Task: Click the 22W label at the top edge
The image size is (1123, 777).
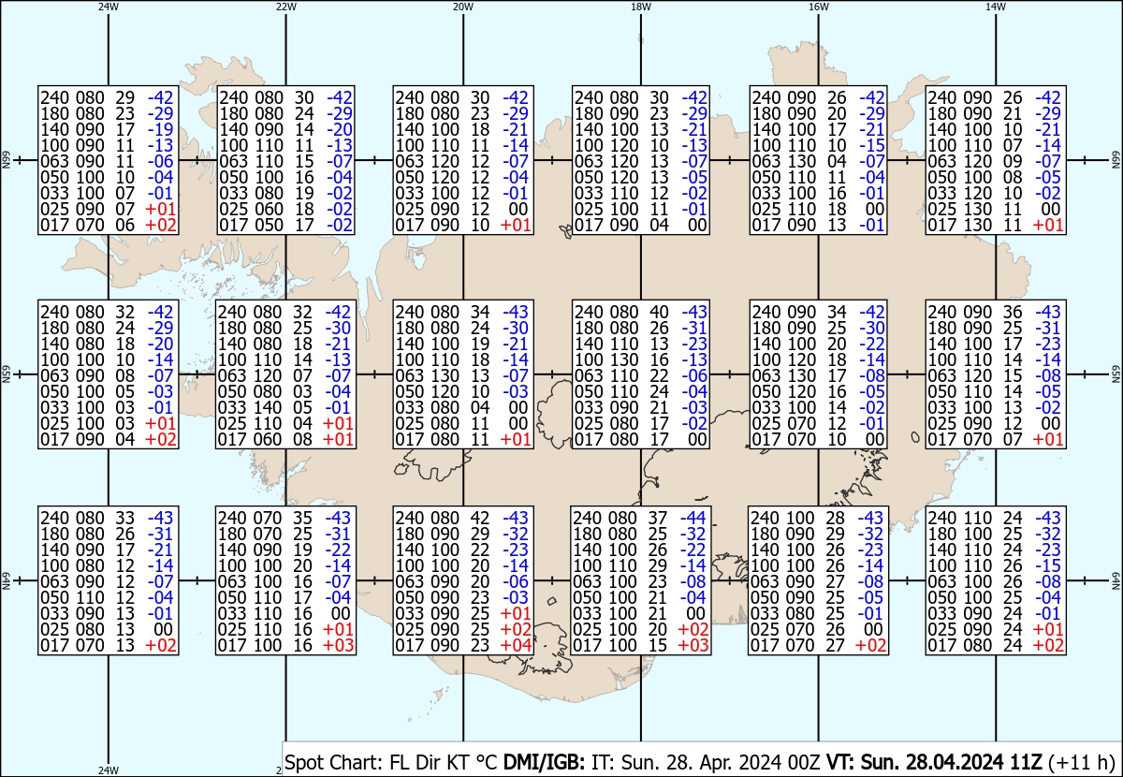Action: pyautogui.click(x=285, y=7)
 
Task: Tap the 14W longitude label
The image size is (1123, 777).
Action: pyautogui.click(x=996, y=7)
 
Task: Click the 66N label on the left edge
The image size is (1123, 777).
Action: pyautogui.click(x=6, y=160)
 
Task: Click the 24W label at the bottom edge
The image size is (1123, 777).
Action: pyautogui.click(x=109, y=770)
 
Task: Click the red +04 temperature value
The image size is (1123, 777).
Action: pyautogui.click(x=516, y=646)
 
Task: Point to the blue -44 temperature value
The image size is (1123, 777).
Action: pyautogui.click(x=693, y=518)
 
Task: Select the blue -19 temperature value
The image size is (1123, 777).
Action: pyautogui.click(x=160, y=129)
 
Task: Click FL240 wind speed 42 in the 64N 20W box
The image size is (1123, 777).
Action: pyautogui.click(x=480, y=518)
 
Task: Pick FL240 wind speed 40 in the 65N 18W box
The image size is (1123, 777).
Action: pyautogui.click(x=659, y=312)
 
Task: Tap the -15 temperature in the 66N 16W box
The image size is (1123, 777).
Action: pyautogui.click(x=872, y=145)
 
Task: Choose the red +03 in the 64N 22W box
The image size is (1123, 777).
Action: pyautogui.click(x=338, y=646)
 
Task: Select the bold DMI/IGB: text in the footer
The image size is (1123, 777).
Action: pyautogui.click(x=544, y=762)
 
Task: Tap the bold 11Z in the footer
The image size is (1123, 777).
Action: pyautogui.click(x=1026, y=762)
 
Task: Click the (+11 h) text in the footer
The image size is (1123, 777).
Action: pyautogui.click(x=1081, y=762)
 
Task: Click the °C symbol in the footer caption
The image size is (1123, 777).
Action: pyautogui.click(x=487, y=762)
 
